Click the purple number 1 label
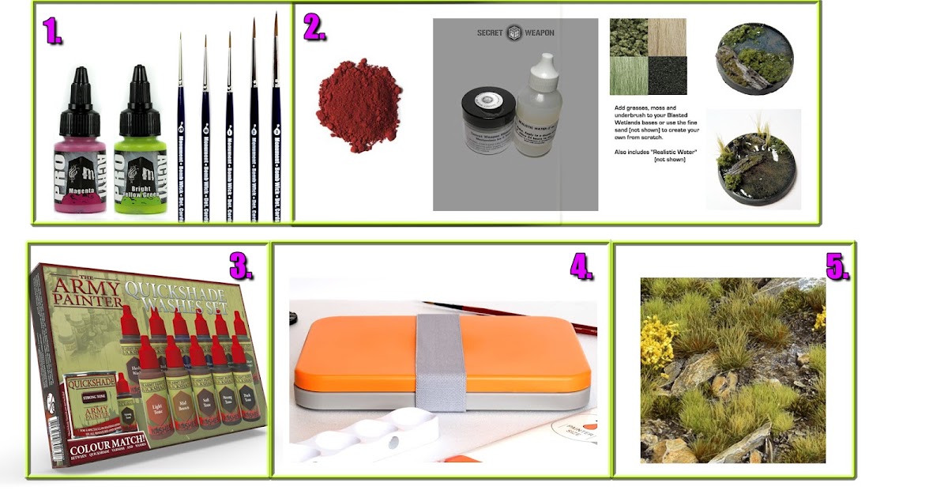[52, 31]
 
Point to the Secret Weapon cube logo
[514, 33]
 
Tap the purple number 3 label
[242, 266]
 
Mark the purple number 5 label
[837, 266]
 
